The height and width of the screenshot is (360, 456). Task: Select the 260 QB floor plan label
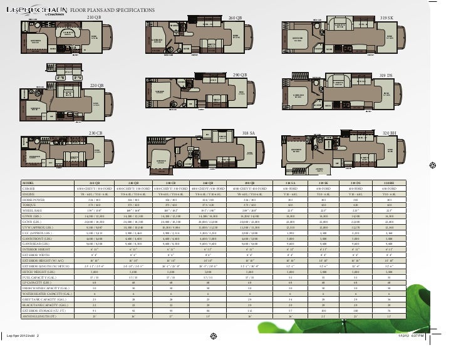(235, 18)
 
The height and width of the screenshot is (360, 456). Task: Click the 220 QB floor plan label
(96, 85)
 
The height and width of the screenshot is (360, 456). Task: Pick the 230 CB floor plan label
(95, 133)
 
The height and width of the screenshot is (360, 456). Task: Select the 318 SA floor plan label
(250, 133)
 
